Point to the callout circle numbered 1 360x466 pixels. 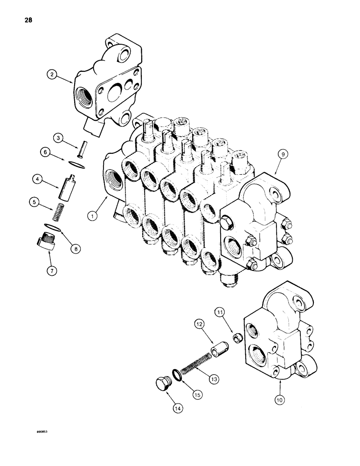(x=93, y=216)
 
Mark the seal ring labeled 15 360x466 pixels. (x=176, y=374)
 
